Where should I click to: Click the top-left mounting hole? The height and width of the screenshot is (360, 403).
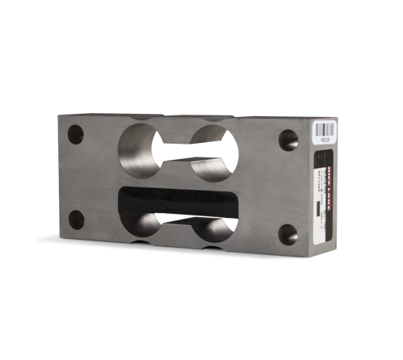76,132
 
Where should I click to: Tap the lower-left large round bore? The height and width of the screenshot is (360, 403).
146,225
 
